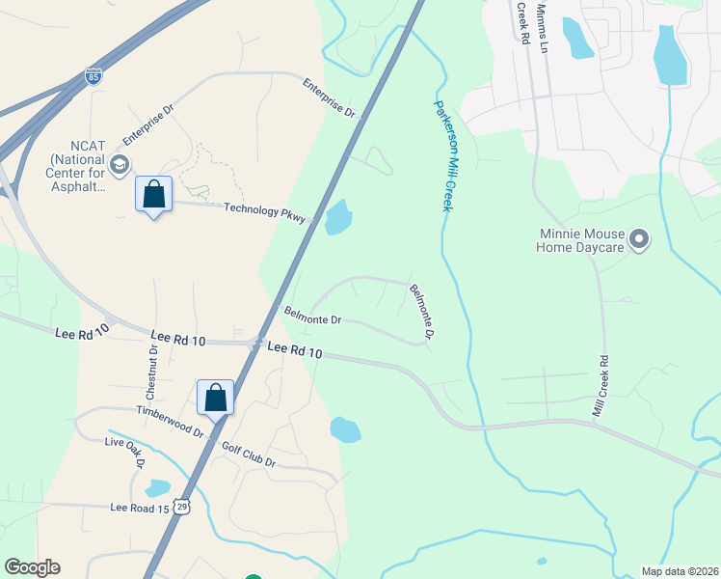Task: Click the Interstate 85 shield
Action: pyautogui.click(x=93, y=76)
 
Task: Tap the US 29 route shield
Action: pyautogui.click(x=182, y=507)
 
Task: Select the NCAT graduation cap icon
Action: pyautogui.click(x=120, y=165)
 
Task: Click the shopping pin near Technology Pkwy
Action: pyautogui.click(x=153, y=194)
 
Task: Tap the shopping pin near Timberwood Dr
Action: pyautogui.click(x=215, y=397)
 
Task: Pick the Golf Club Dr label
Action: pyautogui.click(x=249, y=455)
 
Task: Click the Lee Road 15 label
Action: pyautogui.click(x=140, y=507)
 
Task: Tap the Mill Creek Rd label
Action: pyautogui.click(x=600, y=388)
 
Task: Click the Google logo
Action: pyautogui.click(x=32, y=567)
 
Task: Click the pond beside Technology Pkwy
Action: pyautogui.click(x=338, y=217)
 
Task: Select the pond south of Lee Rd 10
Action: pyautogui.click(x=344, y=429)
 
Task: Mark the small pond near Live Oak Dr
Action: pyautogui.click(x=157, y=488)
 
